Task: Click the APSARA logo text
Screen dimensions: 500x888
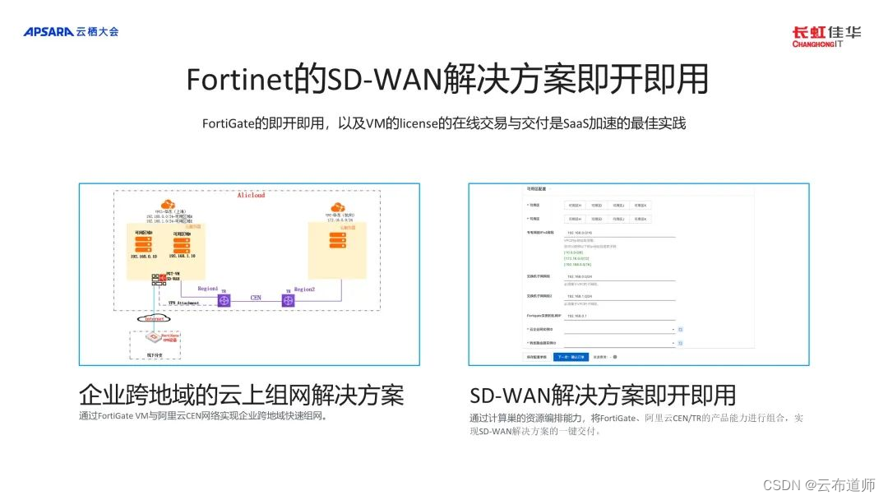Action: pyautogui.click(x=49, y=31)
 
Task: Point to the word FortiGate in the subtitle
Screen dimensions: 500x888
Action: pyautogui.click(x=228, y=123)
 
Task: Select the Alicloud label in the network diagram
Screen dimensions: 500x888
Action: pyautogui.click(x=251, y=196)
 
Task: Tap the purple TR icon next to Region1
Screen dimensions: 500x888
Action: pyautogui.click(x=223, y=301)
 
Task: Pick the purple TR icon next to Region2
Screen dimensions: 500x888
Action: pyautogui.click(x=288, y=301)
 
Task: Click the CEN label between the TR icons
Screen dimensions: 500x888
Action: pyautogui.click(x=256, y=297)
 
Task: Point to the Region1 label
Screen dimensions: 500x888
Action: pyautogui.click(x=207, y=289)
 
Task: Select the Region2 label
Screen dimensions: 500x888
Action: pyautogui.click(x=305, y=289)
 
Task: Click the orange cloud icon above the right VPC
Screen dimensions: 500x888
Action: pyautogui.click(x=336, y=207)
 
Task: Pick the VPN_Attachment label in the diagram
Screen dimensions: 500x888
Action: pyautogui.click(x=184, y=303)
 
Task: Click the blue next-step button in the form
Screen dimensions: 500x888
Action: pyautogui.click(x=571, y=357)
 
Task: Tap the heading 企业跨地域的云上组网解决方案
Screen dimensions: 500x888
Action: pyautogui.click(x=241, y=395)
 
